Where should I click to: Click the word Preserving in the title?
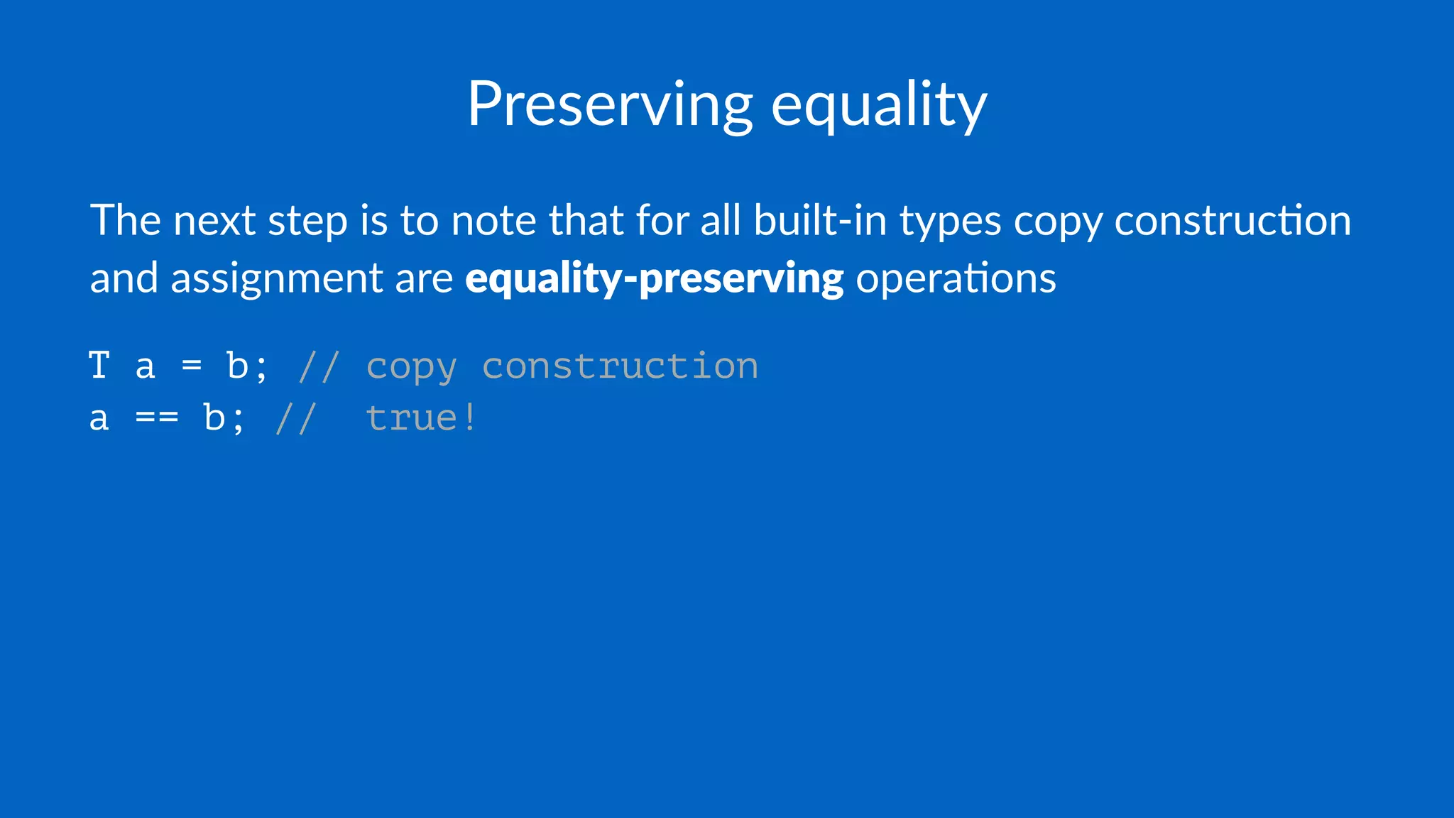pyautogui.click(x=609, y=105)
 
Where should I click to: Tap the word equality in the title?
pyautogui.click(x=878, y=105)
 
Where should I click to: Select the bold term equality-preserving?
pyautogui.click(x=654, y=278)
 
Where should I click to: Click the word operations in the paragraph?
pyautogui.click(x=956, y=278)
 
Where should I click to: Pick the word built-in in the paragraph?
pyautogui.click(x=820, y=220)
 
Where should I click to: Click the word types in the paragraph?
pyautogui.click(x=951, y=222)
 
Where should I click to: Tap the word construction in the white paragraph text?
pyautogui.click(x=1232, y=220)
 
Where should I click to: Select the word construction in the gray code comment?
pyautogui.click(x=620, y=366)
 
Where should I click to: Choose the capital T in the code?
pyautogui.click(x=99, y=366)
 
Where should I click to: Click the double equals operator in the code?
pyautogui.click(x=157, y=418)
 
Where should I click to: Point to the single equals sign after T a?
pyautogui.click(x=192, y=366)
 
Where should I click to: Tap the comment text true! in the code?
pyautogui.click(x=421, y=418)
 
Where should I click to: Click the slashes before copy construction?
pyautogui.click(x=319, y=366)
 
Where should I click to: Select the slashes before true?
pyautogui.click(x=295, y=418)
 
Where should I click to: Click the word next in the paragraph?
pyautogui.click(x=214, y=220)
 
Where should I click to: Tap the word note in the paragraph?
pyautogui.click(x=493, y=220)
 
